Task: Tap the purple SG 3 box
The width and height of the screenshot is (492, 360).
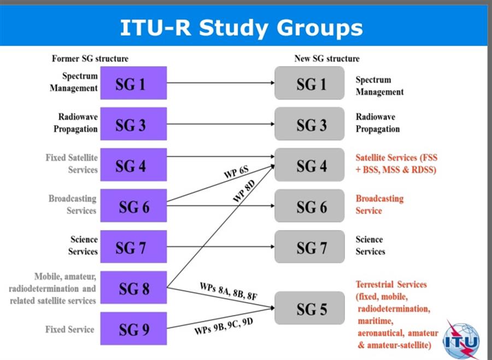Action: click(x=134, y=125)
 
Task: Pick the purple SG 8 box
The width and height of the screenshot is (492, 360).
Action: click(x=134, y=288)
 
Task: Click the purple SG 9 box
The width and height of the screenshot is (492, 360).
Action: click(x=134, y=329)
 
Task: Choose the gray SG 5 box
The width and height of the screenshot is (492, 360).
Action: click(x=309, y=309)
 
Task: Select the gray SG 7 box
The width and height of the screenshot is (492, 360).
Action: click(x=309, y=247)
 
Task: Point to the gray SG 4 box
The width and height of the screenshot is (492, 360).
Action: click(x=309, y=166)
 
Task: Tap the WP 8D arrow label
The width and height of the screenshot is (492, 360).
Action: click(x=244, y=192)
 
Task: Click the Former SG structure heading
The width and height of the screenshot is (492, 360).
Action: click(x=90, y=58)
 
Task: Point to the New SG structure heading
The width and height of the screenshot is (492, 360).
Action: click(x=327, y=58)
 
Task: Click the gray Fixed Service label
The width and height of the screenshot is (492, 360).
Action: click(x=70, y=329)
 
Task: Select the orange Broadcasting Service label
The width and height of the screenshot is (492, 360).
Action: click(x=379, y=204)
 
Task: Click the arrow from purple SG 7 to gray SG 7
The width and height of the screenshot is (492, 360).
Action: click(x=220, y=247)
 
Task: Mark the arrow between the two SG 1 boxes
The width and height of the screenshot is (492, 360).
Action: click(x=220, y=84)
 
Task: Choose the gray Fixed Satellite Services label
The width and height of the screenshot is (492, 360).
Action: click(x=72, y=163)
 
